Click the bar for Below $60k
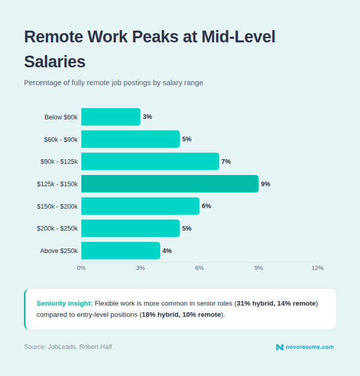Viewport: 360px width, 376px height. tap(111, 117)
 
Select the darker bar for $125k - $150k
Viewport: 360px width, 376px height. tap(170, 184)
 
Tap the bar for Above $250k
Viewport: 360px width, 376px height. tap(120, 250)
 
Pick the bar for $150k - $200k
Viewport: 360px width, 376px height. tap(140, 206)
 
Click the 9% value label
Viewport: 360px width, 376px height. tap(265, 184)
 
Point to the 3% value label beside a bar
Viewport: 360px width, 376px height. tap(147, 117)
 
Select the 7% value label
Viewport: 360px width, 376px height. tap(226, 162)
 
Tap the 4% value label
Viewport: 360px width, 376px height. tap(167, 251)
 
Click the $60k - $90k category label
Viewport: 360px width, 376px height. tap(61, 139)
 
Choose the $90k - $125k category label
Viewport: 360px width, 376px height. tap(59, 162)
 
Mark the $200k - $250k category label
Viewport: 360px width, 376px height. tap(57, 229)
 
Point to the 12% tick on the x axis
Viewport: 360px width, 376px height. tap(317, 268)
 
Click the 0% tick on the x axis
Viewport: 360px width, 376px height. tap(82, 268)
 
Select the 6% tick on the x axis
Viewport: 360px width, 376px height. tap(199, 268)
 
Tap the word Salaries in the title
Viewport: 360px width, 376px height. tap(55, 62)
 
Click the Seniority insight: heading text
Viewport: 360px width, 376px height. tap(64, 303)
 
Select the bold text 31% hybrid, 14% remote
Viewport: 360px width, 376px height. tap(276, 303)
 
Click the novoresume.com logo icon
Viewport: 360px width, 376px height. tap(279, 347)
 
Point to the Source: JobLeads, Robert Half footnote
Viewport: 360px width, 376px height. tap(68, 347)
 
